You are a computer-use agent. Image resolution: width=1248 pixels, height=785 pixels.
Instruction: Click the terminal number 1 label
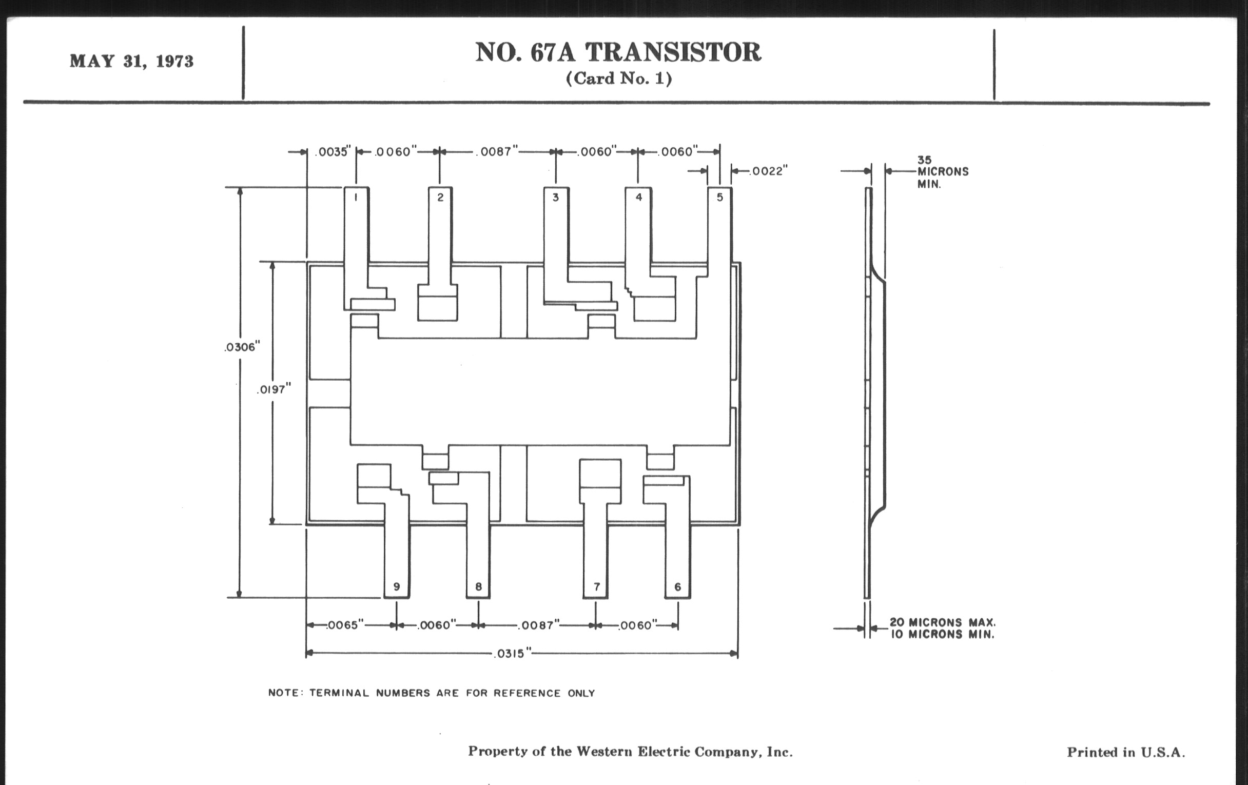tap(356, 197)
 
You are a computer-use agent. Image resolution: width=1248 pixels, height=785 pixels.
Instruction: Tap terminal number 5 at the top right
tap(719, 197)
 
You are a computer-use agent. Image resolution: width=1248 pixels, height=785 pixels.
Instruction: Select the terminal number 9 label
tap(397, 586)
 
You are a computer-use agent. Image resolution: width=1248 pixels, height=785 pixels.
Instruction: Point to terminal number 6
tap(677, 586)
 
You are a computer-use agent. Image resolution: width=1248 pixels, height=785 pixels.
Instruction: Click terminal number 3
tap(556, 197)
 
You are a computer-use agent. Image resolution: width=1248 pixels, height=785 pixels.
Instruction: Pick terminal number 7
tap(596, 586)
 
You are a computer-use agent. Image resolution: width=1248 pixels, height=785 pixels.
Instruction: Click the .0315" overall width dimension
tap(512, 654)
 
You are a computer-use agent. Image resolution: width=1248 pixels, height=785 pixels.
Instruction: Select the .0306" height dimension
tap(242, 347)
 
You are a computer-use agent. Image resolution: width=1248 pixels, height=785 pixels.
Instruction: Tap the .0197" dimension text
tap(274, 389)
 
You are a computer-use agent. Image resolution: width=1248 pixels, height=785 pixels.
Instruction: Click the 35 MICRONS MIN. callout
tap(942, 171)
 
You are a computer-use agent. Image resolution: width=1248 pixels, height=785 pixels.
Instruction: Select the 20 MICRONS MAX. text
tap(942, 622)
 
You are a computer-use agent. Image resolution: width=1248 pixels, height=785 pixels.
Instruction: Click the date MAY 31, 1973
tap(132, 61)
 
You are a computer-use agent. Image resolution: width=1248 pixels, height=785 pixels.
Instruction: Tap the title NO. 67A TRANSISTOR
tap(618, 52)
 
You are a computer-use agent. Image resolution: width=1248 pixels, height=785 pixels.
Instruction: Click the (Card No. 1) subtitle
tap(619, 78)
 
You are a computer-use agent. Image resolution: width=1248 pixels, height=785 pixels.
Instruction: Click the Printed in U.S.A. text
tap(1126, 752)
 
